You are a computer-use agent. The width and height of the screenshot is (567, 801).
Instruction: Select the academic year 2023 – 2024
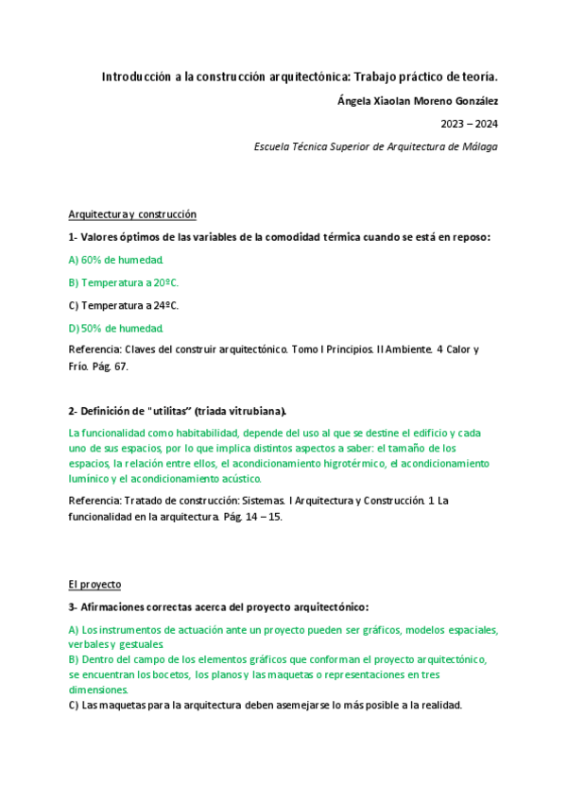click(470, 123)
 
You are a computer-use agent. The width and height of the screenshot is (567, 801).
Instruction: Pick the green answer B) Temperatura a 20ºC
click(124, 282)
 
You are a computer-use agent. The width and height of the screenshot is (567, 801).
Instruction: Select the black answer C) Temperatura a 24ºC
click(124, 305)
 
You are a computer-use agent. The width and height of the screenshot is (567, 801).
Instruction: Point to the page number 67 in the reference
click(122, 366)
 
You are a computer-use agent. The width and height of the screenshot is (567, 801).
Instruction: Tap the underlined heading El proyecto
click(94, 585)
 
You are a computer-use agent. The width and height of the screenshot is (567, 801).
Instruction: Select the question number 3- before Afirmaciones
click(73, 607)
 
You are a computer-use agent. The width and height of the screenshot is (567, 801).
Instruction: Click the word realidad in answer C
click(439, 705)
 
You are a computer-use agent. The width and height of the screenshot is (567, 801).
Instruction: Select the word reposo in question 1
click(468, 237)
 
